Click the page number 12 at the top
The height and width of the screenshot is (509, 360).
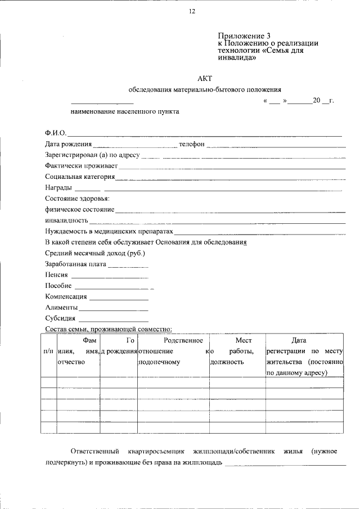click(x=192, y=12)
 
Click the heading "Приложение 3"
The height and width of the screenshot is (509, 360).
click(x=238, y=35)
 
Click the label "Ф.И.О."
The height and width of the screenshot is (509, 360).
click(x=56, y=133)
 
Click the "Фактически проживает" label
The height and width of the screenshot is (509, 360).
click(x=81, y=166)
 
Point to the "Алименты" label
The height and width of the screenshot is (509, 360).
click(x=61, y=308)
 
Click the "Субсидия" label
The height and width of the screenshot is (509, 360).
click(x=60, y=318)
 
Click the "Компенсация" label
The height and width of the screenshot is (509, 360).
click(x=66, y=297)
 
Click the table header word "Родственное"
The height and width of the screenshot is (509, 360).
click(x=183, y=340)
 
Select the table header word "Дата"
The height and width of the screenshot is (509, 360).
click(x=299, y=340)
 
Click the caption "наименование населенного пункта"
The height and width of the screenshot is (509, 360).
click(x=125, y=111)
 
